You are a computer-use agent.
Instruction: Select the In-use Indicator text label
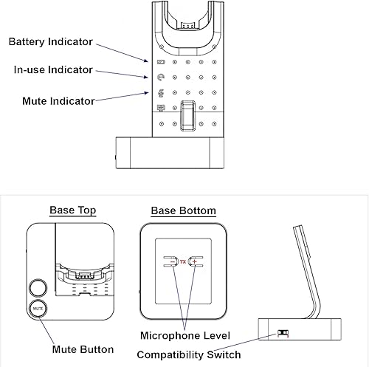(54, 70)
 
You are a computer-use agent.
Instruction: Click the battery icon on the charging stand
(161, 61)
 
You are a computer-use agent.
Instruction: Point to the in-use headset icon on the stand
(161, 78)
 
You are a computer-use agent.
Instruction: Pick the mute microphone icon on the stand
(161, 93)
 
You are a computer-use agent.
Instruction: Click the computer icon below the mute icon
(161, 109)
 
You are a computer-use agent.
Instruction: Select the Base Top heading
(72, 210)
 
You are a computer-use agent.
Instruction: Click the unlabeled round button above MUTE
(38, 286)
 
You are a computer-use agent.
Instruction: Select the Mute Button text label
(83, 349)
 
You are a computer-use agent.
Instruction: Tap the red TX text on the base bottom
(183, 262)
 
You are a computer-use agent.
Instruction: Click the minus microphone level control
(171, 262)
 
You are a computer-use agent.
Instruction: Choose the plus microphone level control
(196, 262)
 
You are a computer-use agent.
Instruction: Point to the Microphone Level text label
(185, 336)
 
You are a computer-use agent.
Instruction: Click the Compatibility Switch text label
(189, 355)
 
